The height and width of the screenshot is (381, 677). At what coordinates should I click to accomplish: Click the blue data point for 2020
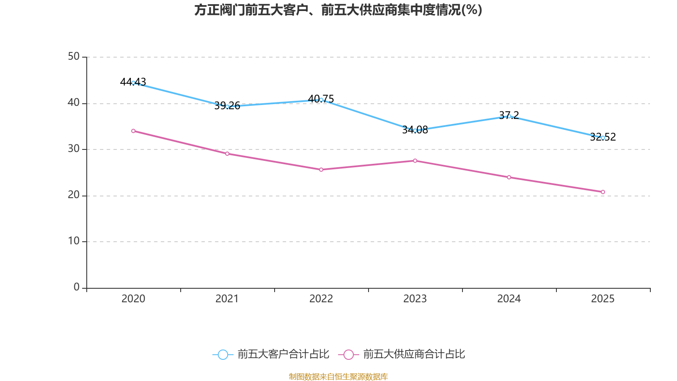pyautogui.click(x=133, y=83)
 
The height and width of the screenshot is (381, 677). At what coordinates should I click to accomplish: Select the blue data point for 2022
pyautogui.click(x=321, y=100)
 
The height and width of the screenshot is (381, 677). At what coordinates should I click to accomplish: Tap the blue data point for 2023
pyautogui.click(x=415, y=130)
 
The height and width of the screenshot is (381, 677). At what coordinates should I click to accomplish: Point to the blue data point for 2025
pyautogui.click(x=603, y=138)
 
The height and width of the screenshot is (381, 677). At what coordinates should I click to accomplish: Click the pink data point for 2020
pyautogui.click(x=133, y=131)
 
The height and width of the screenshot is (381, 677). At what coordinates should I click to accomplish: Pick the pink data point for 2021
pyautogui.click(x=227, y=154)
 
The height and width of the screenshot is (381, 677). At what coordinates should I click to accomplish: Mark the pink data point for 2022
pyautogui.click(x=321, y=170)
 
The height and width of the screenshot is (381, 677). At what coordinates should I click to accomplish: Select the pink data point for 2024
pyautogui.click(x=509, y=177)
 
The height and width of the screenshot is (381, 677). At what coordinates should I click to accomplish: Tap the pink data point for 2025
pyautogui.click(x=603, y=192)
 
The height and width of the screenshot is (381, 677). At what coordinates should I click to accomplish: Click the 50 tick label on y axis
pyautogui.click(x=74, y=57)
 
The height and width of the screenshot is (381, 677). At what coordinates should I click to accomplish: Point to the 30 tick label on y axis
pyautogui.click(x=74, y=149)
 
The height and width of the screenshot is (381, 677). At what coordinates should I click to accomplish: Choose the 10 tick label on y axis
pyautogui.click(x=74, y=241)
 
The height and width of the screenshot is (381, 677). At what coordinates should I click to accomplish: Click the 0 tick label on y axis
pyautogui.click(x=77, y=287)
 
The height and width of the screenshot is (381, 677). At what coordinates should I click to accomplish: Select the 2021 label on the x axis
pyautogui.click(x=227, y=299)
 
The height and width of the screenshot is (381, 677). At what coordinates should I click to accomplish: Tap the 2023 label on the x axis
pyautogui.click(x=415, y=299)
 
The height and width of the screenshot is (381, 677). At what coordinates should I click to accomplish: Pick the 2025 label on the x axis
pyautogui.click(x=603, y=299)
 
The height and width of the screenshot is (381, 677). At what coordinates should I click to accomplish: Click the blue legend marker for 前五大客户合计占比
pyautogui.click(x=223, y=355)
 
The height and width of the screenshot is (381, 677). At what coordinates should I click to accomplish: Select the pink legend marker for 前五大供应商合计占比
pyautogui.click(x=348, y=355)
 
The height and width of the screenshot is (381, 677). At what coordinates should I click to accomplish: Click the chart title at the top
pyautogui.click(x=338, y=10)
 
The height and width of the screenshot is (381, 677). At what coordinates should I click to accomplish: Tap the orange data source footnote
pyautogui.click(x=338, y=376)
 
